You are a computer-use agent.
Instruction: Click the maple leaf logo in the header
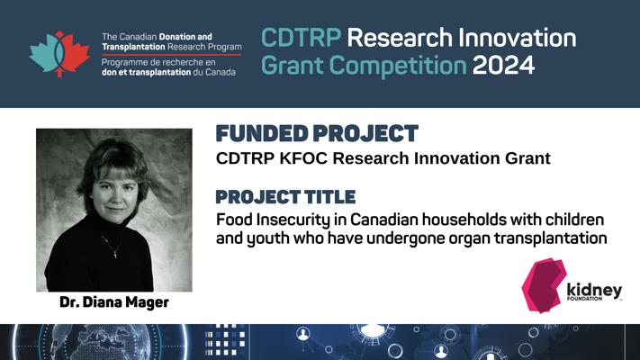pos(59,54)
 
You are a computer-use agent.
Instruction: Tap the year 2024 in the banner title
pos(503,66)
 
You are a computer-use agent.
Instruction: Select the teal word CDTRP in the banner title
pos(301,38)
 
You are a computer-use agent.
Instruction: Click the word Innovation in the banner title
pos(517,38)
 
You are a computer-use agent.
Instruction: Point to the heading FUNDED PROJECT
pos(317,133)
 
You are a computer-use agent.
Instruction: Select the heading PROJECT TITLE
pos(285,197)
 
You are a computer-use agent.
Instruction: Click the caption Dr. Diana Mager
pos(114,302)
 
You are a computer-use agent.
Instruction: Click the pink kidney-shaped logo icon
pos(544,285)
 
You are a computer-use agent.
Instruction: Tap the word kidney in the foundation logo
pos(594,290)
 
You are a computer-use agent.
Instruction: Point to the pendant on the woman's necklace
pos(115,255)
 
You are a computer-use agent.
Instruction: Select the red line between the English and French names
pos(172,54)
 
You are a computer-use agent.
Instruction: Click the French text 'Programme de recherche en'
pos(158,63)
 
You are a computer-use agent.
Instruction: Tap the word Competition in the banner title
pos(398,66)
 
